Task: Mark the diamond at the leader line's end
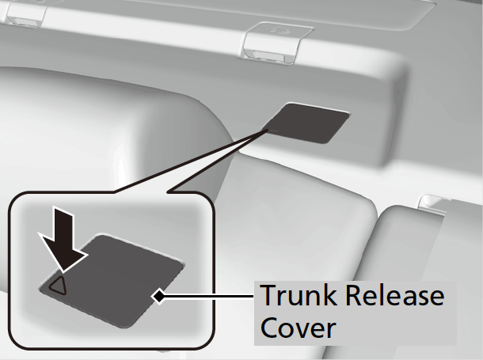point(159,297)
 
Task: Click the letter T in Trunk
point(267,297)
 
